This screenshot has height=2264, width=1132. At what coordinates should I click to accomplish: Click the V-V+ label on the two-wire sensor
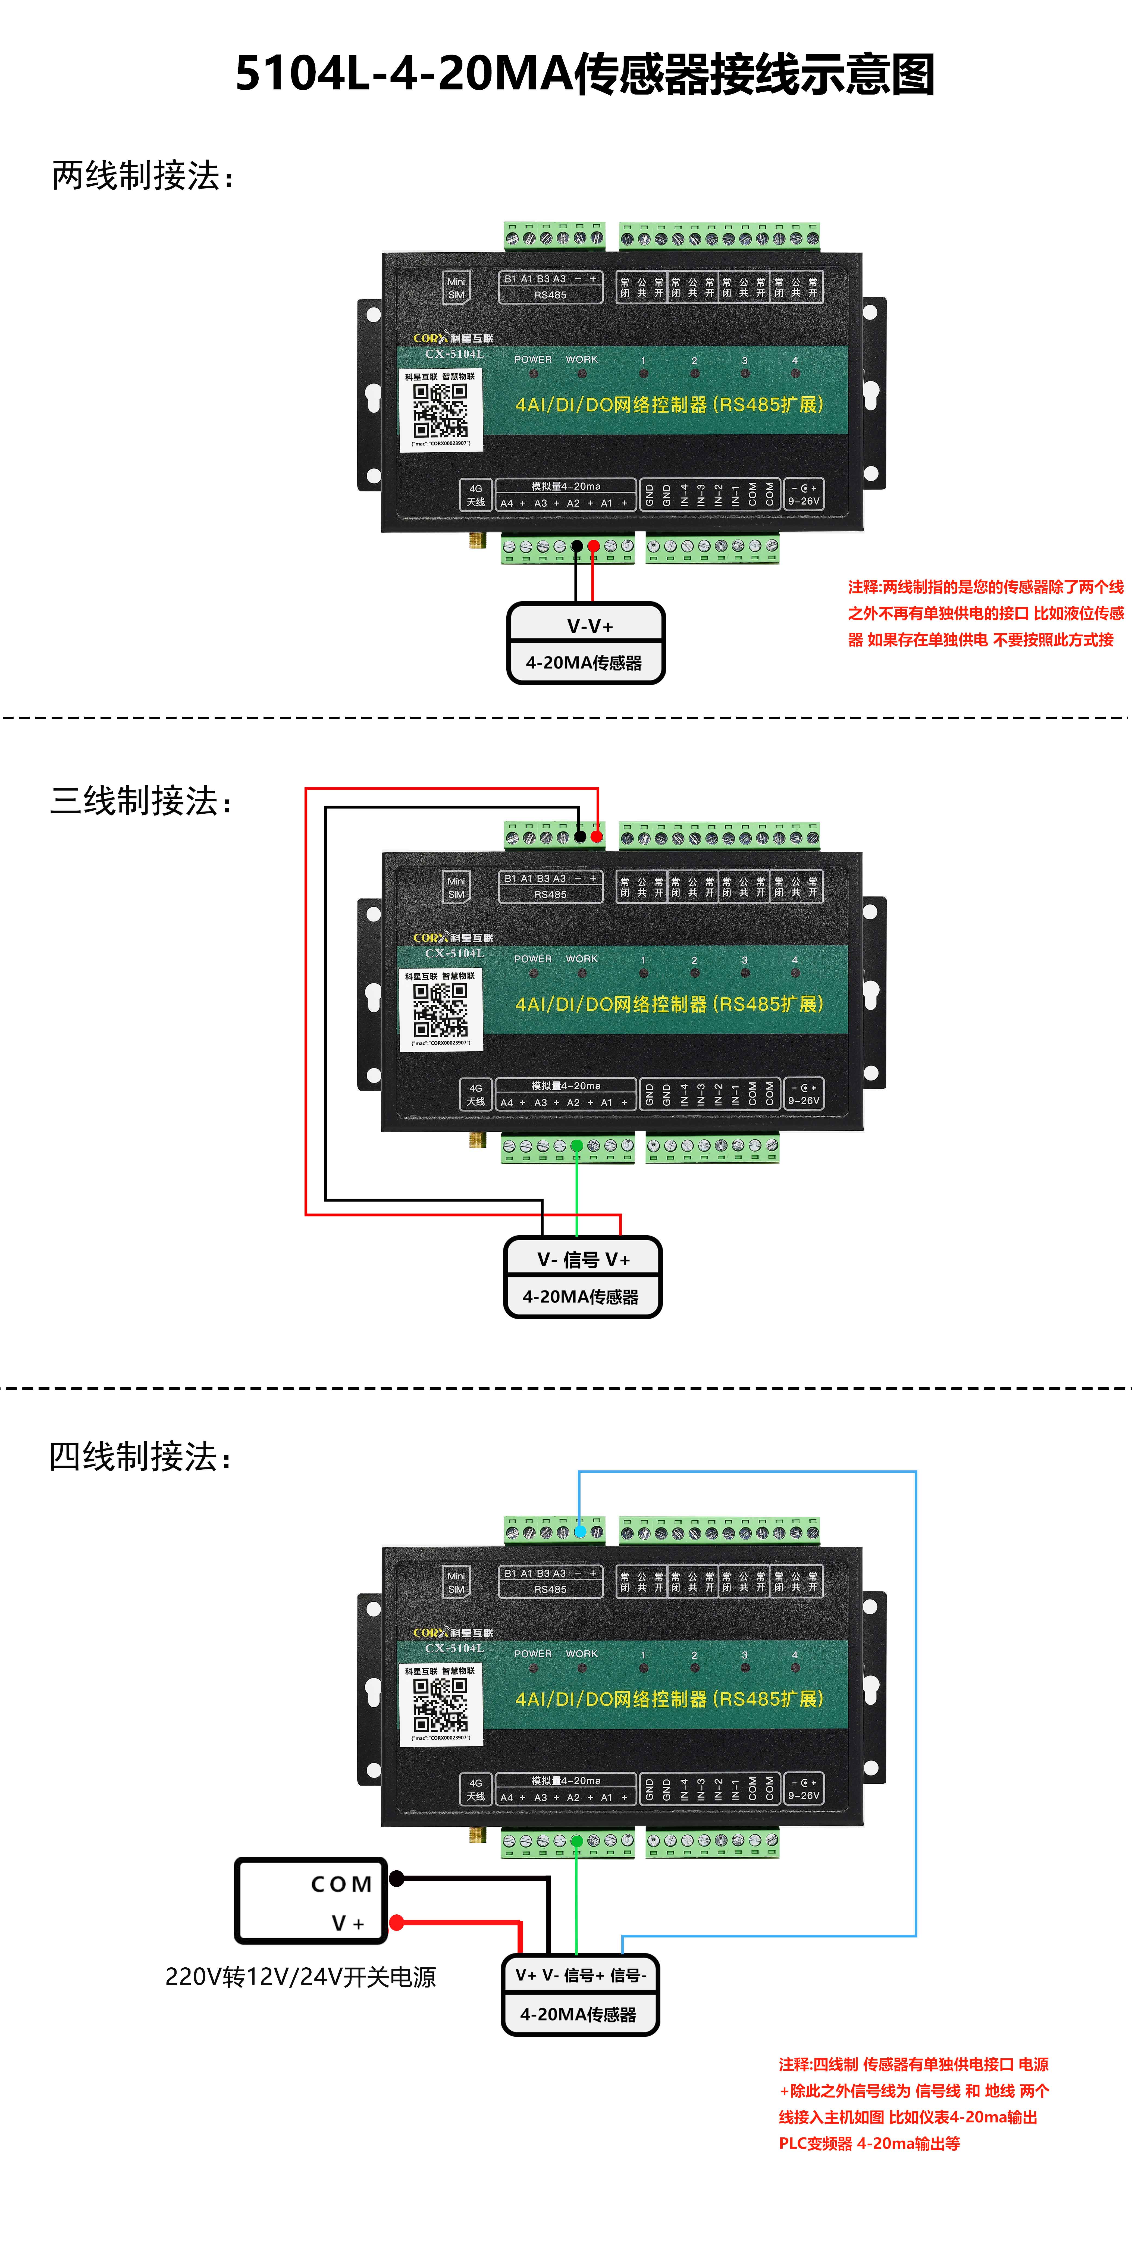(x=590, y=626)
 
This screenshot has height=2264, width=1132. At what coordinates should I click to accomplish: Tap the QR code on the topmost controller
(x=440, y=410)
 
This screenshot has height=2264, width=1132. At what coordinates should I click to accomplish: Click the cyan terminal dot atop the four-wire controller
(x=580, y=1532)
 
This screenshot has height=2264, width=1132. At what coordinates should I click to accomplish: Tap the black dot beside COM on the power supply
(x=396, y=1879)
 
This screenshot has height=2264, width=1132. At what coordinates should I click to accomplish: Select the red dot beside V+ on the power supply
(x=396, y=1923)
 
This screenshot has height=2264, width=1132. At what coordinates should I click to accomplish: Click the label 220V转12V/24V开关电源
(x=300, y=1977)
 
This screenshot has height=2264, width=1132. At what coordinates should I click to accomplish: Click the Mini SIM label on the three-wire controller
(x=456, y=888)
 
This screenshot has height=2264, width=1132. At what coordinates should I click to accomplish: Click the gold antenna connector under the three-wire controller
(x=477, y=1140)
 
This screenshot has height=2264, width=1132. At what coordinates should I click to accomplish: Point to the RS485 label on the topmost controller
(x=550, y=295)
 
